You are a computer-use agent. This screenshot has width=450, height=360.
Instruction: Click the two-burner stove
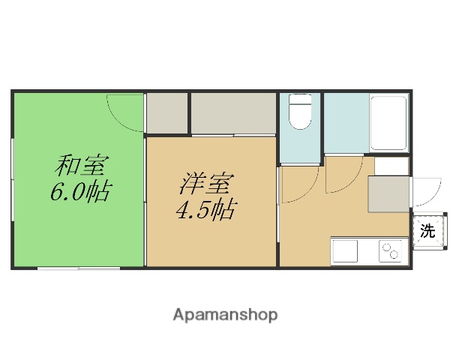point(390,251)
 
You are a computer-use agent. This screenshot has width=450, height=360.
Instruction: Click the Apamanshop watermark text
point(225,315)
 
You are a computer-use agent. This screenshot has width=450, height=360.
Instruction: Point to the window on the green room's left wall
point(13,179)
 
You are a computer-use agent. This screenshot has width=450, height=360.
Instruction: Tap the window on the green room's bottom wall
point(75,267)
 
